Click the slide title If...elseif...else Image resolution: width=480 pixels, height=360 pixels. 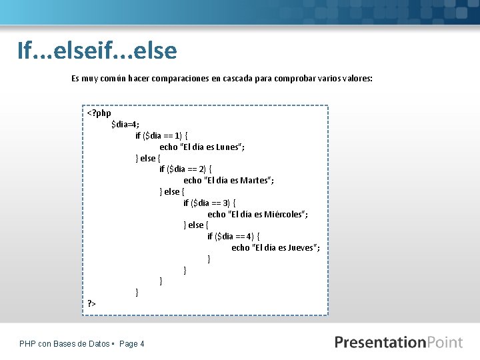point(97,50)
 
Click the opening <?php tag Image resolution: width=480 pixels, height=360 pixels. point(99,113)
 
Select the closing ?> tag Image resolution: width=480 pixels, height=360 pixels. point(92,303)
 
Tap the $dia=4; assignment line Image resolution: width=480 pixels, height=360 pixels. point(125,125)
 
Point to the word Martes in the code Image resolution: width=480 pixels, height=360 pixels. point(255,181)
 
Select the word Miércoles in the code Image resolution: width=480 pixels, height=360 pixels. point(285,214)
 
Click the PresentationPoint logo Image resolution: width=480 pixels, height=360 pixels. point(399,343)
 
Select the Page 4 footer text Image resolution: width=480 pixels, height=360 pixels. point(131,344)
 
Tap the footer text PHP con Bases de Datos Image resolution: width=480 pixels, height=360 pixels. point(65,344)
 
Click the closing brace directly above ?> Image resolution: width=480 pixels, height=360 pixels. point(137,292)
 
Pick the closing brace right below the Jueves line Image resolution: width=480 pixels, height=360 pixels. point(209,259)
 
